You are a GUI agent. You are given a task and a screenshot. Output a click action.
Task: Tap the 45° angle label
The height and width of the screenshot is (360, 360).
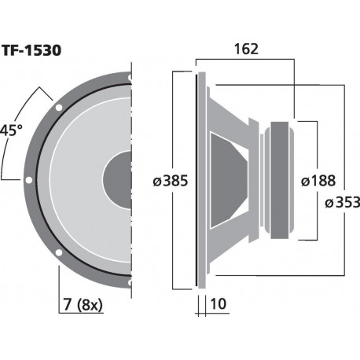10,130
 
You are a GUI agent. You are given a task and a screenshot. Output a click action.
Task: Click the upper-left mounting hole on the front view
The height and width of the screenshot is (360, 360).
59,107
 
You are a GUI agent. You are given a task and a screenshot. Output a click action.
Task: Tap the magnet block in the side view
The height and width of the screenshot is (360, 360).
281,180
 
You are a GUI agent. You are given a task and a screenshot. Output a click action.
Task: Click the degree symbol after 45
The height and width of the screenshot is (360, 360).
20,127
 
